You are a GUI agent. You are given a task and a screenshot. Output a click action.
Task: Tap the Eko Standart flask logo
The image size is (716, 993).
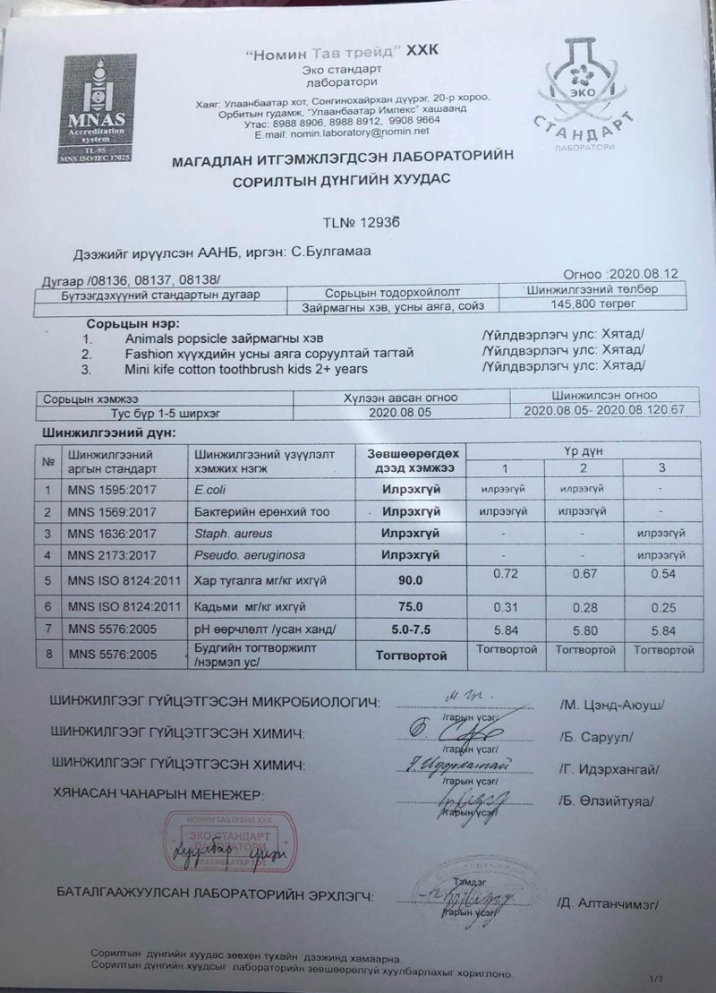tap(592, 86)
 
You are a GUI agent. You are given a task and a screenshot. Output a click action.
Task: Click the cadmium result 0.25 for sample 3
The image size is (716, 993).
tap(661, 607)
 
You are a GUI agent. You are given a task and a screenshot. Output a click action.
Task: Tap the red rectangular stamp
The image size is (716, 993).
tap(227, 842)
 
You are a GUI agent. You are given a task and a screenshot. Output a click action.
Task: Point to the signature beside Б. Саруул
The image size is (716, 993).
tap(456, 732)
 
